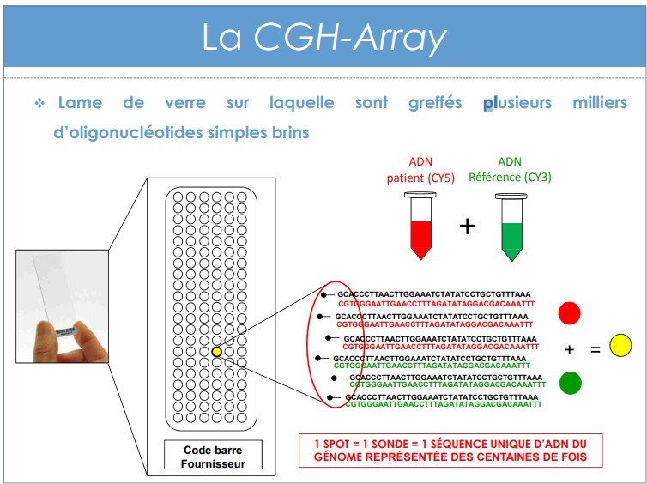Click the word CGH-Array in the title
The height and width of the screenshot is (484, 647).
coord(350,38)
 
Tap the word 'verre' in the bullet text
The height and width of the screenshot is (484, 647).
coord(185,103)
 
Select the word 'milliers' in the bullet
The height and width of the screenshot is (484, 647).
coord(600,102)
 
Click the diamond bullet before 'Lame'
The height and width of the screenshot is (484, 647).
coord(39,103)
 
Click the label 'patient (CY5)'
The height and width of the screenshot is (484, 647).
coord(420,178)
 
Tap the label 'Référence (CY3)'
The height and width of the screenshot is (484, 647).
coord(510,178)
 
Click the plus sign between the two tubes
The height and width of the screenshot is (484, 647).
coord(468,226)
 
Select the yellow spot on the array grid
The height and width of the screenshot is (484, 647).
coord(216,352)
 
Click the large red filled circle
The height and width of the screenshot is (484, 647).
coord(570,313)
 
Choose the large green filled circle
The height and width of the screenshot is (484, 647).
coord(571,383)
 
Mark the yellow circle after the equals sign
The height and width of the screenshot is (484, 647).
coord(620,345)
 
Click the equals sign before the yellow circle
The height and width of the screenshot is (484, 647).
coord(595,350)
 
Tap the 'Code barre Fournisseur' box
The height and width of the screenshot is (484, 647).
coord(213,455)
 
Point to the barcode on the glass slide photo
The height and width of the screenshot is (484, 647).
coord(65,332)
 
